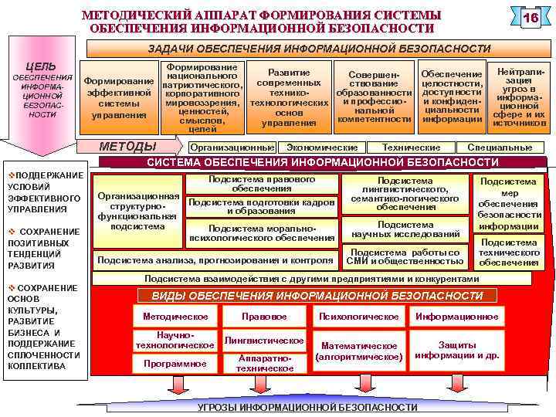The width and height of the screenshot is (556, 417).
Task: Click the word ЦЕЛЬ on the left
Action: pos(40,66)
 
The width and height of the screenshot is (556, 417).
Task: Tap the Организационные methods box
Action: pos(232,147)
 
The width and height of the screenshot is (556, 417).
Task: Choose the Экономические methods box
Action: pos(321,147)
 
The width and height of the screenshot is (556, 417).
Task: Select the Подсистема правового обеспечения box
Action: pos(262,184)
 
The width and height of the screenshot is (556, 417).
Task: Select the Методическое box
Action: pos(175,317)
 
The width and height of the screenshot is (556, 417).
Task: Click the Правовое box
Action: pos(264,317)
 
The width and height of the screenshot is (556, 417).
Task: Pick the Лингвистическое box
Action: pos(264,341)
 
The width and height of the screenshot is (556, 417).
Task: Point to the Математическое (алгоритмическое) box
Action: pos(359,351)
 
